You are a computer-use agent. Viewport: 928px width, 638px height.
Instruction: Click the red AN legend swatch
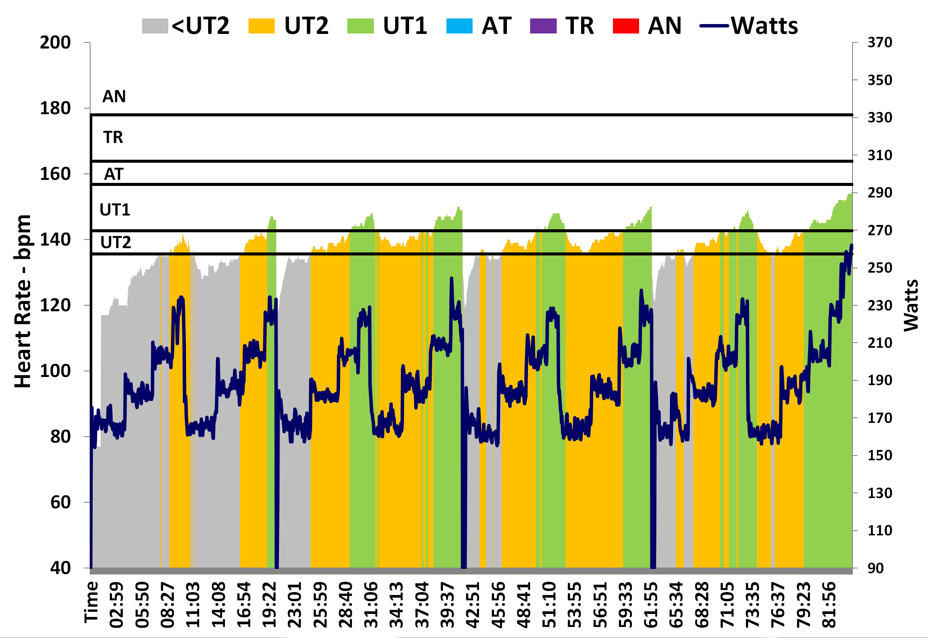tap(626, 26)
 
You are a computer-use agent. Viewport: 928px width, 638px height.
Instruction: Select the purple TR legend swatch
tap(543, 26)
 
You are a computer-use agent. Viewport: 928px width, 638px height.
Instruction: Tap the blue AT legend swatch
tap(459, 26)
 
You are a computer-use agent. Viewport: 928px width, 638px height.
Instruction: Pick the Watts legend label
tap(764, 26)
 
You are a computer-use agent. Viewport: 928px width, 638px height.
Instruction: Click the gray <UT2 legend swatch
tap(155, 26)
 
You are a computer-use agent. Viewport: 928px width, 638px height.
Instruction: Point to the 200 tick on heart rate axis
tap(55, 43)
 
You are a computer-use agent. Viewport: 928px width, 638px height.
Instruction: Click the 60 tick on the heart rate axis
tap(61, 502)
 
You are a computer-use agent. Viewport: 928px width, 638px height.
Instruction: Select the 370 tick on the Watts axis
tap(879, 43)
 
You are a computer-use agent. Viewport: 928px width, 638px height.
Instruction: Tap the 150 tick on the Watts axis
tap(879, 455)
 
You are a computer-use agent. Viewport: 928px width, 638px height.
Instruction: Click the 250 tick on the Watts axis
tap(879, 267)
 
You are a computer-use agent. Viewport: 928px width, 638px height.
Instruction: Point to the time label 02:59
tap(117, 605)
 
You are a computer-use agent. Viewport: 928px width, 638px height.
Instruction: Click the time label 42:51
tap(473, 605)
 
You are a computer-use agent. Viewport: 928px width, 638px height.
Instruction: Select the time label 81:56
tap(829, 605)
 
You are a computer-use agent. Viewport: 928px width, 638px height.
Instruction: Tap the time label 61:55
tap(651, 605)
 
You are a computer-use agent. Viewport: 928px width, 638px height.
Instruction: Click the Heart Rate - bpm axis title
tap(23, 301)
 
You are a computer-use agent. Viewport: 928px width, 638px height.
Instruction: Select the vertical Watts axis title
tap(911, 305)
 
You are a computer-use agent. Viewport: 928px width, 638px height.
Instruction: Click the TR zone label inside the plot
tap(113, 137)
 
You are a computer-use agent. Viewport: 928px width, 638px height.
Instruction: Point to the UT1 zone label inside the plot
tap(115, 210)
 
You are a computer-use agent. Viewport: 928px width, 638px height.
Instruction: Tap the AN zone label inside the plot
tap(114, 97)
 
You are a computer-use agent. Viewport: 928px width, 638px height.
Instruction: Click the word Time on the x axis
tap(91, 602)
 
